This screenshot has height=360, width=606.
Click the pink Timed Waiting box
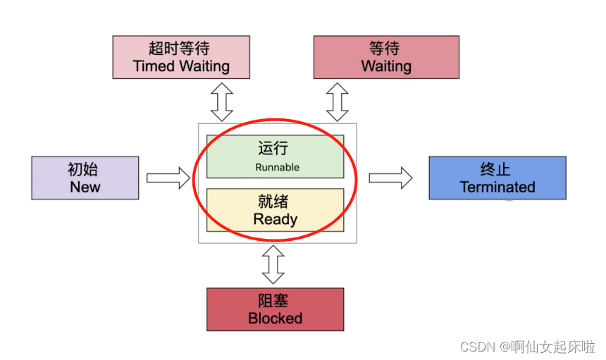pyautogui.click(x=181, y=57)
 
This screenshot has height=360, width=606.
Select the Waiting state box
pyautogui.click(x=385, y=57)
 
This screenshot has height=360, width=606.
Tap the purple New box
pyautogui.click(x=85, y=178)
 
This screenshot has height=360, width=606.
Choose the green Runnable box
pyautogui.click(x=275, y=156)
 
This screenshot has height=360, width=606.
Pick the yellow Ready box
pyautogui.click(x=275, y=209)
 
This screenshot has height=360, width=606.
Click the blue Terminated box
pyautogui.click(x=497, y=178)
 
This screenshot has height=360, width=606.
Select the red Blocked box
pyautogui.click(x=275, y=309)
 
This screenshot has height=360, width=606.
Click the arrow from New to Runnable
pyautogui.click(x=168, y=178)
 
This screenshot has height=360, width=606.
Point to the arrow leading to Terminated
pyautogui.click(x=390, y=178)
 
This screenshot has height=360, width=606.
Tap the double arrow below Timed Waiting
pyautogui.click(x=221, y=101)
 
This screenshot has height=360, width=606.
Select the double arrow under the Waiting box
pyautogui.click(x=337, y=101)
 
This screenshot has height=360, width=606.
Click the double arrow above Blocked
pyautogui.click(x=273, y=264)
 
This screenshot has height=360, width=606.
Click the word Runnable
pyautogui.click(x=277, y=168)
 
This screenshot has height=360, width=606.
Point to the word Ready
pyautogui.click(x=275, y=219)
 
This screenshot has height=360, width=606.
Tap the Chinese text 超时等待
pyautogui.click(x=181, y=48)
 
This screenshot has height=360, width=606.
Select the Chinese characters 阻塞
pyautogui.click(x=275, y=299)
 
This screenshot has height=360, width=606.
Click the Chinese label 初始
pyautogui.click(x=85, y=169)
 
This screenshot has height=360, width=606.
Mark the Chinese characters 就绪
pyautogui.click(x=275, y=201)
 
